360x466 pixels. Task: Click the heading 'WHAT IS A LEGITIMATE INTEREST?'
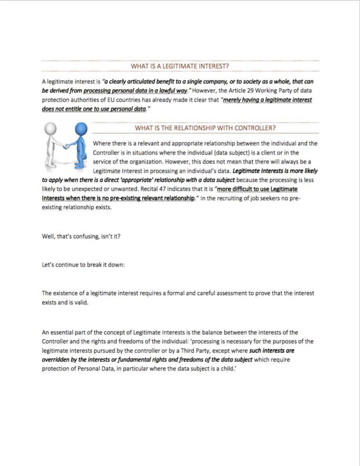[179, 67]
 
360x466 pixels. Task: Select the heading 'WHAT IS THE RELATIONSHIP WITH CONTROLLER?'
[205, 128]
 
